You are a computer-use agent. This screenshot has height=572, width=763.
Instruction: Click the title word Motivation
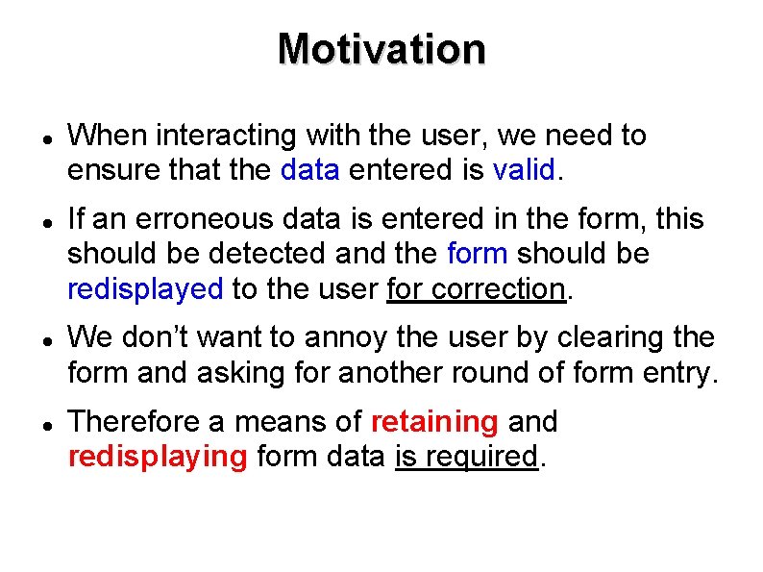tap(381, 48)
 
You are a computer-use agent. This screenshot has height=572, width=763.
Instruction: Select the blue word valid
tap(524, 171)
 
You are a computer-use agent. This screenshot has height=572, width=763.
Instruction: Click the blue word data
tap(310, 171)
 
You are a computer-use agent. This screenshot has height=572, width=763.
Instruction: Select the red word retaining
tap(433, 422)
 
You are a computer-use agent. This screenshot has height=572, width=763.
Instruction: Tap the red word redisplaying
tap(158, 457)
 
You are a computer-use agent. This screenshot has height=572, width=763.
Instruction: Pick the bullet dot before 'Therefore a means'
tap(33, 424)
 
